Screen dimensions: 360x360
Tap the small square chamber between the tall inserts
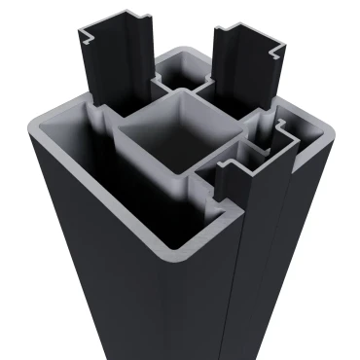coord(179,73)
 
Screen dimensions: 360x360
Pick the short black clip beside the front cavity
coord(231,175)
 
